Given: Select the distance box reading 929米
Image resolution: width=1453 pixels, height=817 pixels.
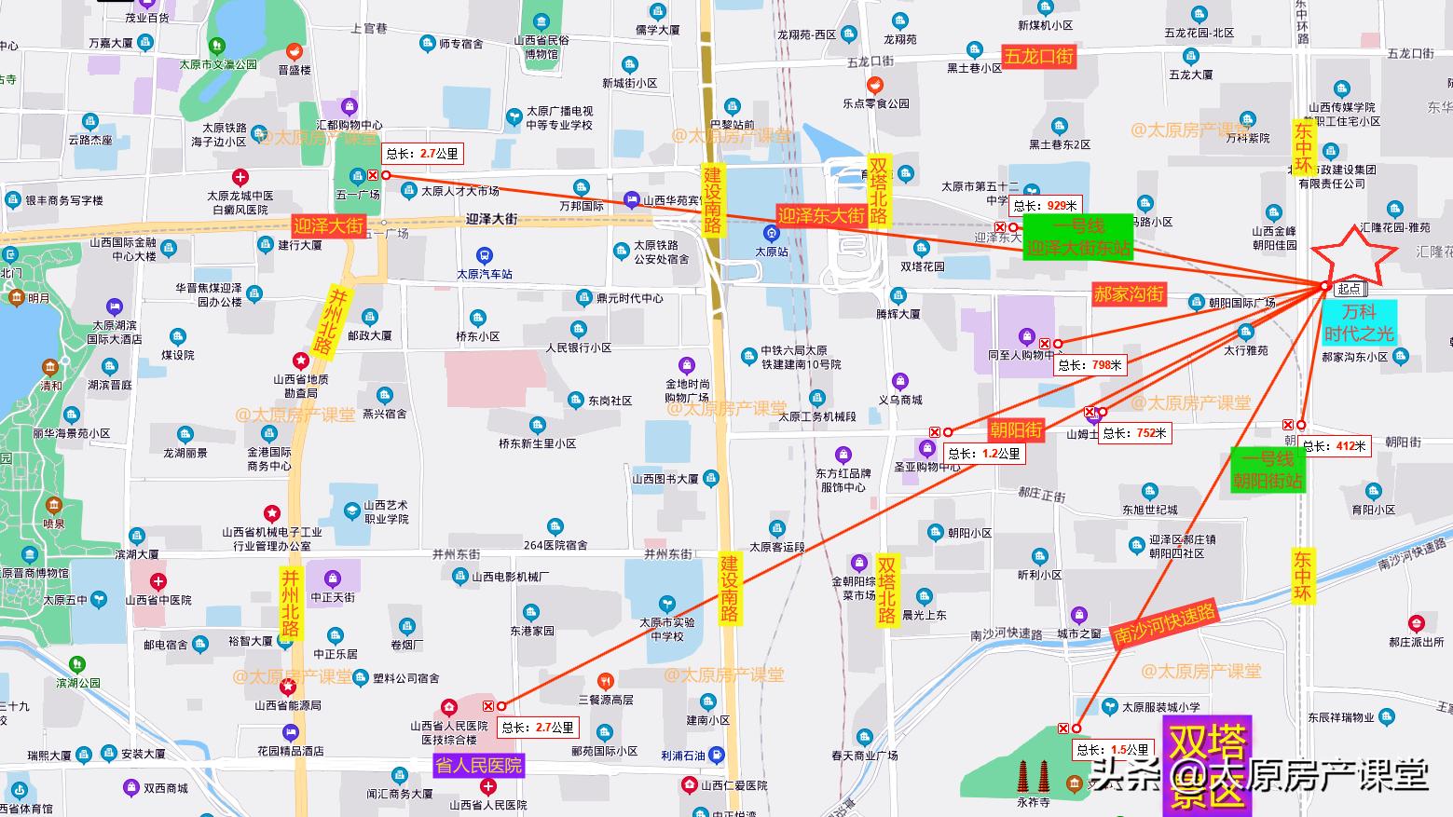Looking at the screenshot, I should click(x=1046, y=206).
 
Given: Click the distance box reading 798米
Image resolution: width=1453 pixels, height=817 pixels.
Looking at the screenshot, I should click(x=1091, y=365).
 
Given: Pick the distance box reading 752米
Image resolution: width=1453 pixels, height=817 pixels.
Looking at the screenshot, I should click(x=1133, y=433).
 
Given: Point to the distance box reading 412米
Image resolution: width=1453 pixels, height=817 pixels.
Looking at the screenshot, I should click(x=1334, y=446).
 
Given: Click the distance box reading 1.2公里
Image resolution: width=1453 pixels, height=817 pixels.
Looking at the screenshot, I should click(x=984, y=454).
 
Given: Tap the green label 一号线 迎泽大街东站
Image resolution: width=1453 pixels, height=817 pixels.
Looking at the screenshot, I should click(x=1078, y=237).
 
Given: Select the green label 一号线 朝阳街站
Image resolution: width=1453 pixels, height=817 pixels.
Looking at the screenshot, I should click(x=1267, y=470).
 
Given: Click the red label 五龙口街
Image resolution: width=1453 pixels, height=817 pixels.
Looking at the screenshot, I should click(x=1038, y=56).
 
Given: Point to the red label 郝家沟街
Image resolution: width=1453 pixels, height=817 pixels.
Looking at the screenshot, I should click(x=1129, y=294).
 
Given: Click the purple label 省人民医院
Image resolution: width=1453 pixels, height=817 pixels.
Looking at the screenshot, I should click(x=479, y=765).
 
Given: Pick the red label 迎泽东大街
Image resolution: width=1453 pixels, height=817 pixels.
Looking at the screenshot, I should click(x=821, y=215).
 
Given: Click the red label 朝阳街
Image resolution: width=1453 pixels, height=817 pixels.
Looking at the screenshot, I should click(x=1016, y=429).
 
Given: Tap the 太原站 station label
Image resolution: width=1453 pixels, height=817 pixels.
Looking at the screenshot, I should click(x=772, y=252).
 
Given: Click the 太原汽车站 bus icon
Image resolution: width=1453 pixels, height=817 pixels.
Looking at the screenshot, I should click(x=484, y=255).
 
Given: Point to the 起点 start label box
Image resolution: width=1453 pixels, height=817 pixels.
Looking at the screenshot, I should click(x=1349, y=290).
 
